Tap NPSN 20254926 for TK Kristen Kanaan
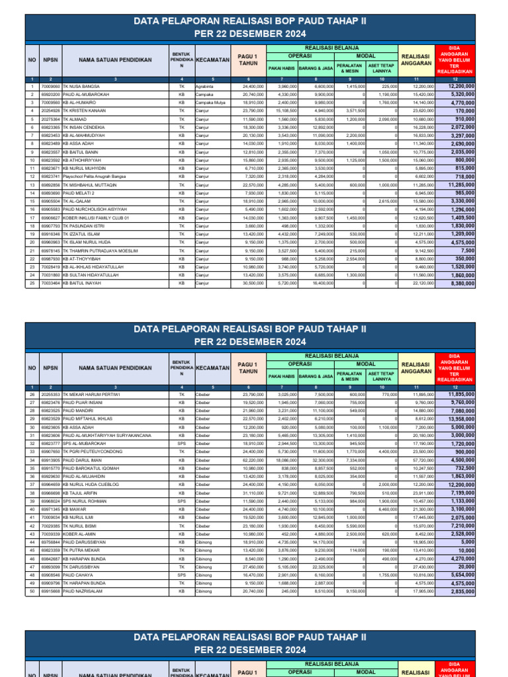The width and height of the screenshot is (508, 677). point(50,111)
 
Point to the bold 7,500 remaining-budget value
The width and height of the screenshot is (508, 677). point(464,251)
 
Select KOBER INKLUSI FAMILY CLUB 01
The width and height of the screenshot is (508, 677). point(96,218)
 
